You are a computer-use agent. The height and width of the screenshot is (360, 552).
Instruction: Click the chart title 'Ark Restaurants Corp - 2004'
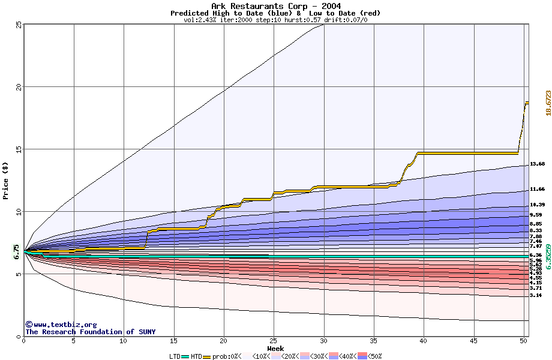pyautogui.click(x=275, y=6)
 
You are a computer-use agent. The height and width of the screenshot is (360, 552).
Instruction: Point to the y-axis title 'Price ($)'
pyautogui.click(x=6, y=181)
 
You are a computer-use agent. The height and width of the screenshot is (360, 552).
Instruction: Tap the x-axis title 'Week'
pyautogui.click(x=275, y=348)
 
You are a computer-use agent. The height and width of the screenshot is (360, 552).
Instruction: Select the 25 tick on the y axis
pyautogui.click(x=19, y=25)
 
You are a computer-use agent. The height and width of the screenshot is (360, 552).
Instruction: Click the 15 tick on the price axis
pyautogui.click(x=19, y=149)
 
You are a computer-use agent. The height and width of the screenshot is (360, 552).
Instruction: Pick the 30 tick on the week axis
pyautogui.click(x=324, y=341)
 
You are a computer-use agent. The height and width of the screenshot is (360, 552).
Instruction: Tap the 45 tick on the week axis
pyautogui.click(x=474, y=341)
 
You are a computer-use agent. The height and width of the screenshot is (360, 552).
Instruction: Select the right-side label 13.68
pyautogui.click(x=537, y=164)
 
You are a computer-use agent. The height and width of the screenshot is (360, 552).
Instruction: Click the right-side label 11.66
pyautogui.click(x=537, y=189)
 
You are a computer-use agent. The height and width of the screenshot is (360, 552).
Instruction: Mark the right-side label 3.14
pyautogui.click(x=536, y=295)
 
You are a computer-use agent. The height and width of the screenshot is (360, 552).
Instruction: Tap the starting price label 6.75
pyautogui.click(x=16, y=253)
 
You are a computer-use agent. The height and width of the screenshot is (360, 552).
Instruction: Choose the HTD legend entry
pyautogui.click(x=196, y=356)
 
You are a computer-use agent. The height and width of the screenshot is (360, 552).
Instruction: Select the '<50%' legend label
pyautogui.click(x=374, y=356)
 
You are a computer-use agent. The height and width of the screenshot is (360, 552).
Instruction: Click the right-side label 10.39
pyautogui.click(x=537, y=205)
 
